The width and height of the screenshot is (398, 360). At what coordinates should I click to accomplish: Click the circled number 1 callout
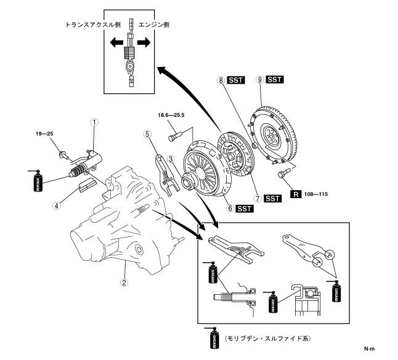[94, 122]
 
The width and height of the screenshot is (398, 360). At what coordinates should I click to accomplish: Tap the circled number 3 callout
[172, 159]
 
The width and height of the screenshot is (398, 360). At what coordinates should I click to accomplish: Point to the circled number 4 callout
[57, 206]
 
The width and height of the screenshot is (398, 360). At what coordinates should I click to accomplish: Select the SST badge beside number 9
[275, 80]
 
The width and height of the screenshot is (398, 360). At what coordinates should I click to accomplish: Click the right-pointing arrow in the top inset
[144, 42]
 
